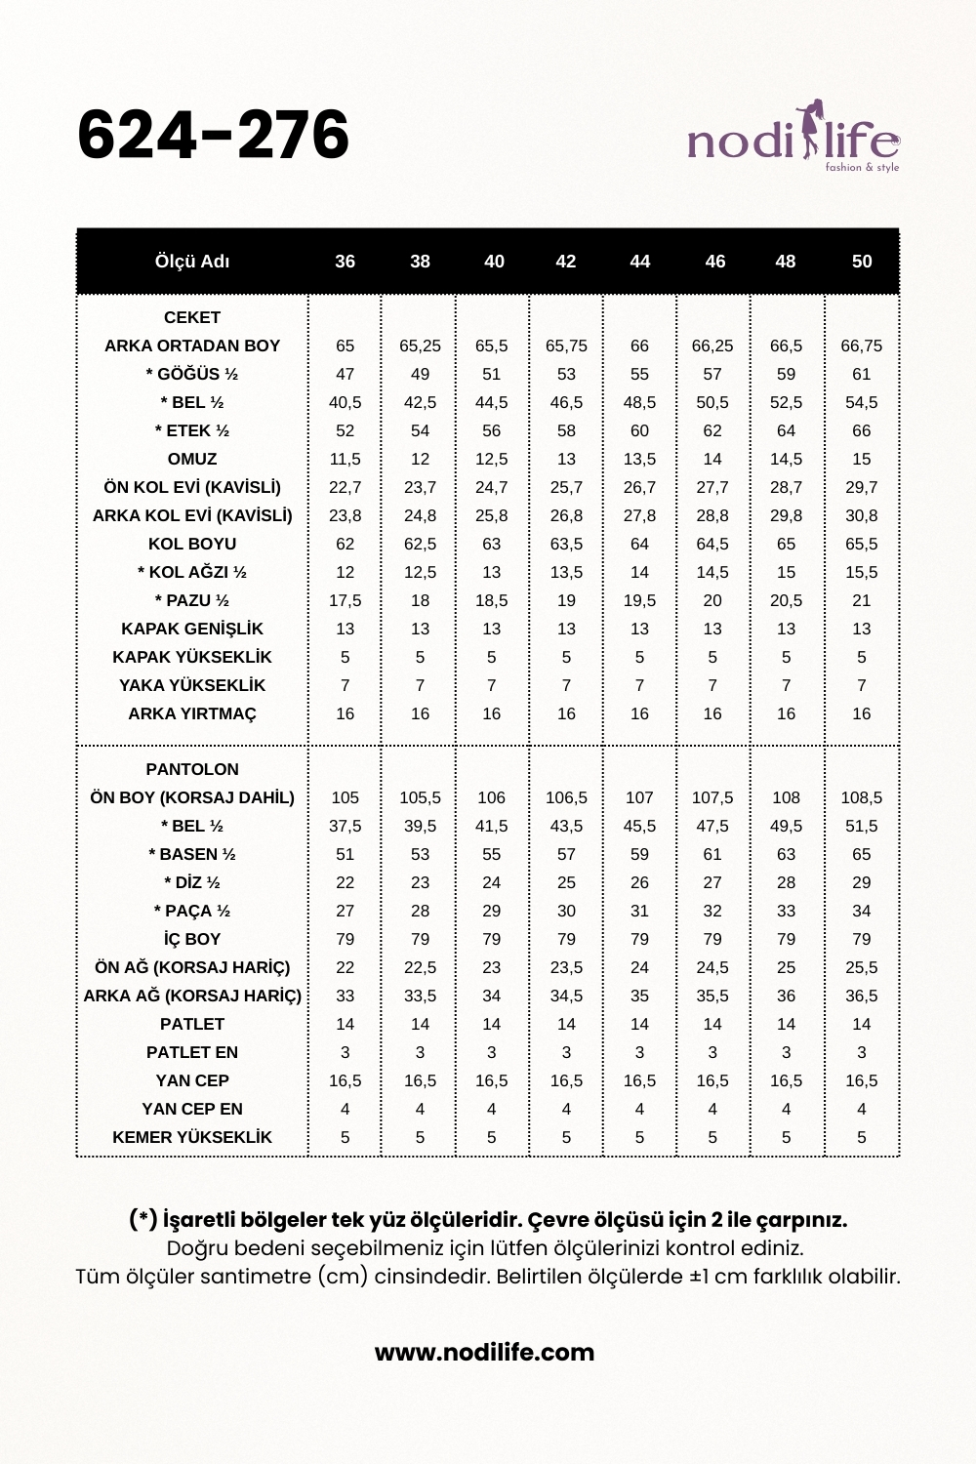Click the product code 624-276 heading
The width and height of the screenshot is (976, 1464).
pyautogui.click(x=213, y=135)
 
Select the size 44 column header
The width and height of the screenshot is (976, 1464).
pyautogui.click(x=639, y=262)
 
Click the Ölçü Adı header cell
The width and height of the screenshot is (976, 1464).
pyautogui.click(x=192, y=262)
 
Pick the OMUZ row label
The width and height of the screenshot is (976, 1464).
pyautogui.click(x=192, y=459)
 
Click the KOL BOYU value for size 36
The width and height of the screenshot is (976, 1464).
pyautogui.click(x=345, y=544)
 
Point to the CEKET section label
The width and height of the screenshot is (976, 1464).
pyautogui.click(x=192, y=317)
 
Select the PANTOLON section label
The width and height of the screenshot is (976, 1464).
pyautogui.click(x=192, y=769)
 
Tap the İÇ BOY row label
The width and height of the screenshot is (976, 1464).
pyautogui.click(x=192, y=939)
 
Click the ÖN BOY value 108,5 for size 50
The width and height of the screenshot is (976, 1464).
pyautogui.click(x=861, y=797)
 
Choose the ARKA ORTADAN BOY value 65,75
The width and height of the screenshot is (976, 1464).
pyautogui.click(x=566, y=346)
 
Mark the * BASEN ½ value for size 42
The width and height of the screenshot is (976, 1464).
pyautogui.click(x=566, y=854)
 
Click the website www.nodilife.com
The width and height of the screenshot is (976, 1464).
pyautogui.click(x=484, y=1352)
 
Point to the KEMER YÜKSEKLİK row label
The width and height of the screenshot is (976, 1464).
pyautogui.click(x=192, y=1137)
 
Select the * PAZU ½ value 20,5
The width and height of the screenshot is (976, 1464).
pyautogui.click(x=786, y=600)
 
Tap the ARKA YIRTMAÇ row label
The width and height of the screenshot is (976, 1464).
pyautogui.click(x=192, y=713)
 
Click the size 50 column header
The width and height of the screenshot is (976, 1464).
pyautogui.click(x=861, y=262)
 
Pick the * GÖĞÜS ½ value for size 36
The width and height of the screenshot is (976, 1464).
pyautogui.click(x=345, y=374)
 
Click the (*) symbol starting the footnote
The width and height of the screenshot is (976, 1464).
pyautogui.click(x=142, y=1220)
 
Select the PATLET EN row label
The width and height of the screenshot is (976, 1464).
pyautogui.click(x=192, y=1052)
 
